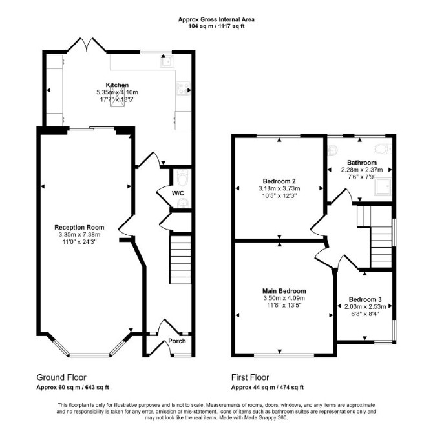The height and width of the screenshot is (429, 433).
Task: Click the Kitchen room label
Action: pyautogui.click(x=117, y=85)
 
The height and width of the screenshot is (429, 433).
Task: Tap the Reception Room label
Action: pyautogui.click(x=79, y=228)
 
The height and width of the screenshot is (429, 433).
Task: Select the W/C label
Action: pyautogui.click(x=178, y=194)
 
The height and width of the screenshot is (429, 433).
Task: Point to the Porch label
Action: pyautogui.click(x=177, y=341)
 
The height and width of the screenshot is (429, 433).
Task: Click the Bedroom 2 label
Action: pyautogui.click(x=279, y=181)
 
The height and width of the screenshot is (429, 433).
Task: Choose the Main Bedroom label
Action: pyautogui.click(x=284, y=291)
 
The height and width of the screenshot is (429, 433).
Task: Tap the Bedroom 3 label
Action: pyautogui.click(x=365, y=299)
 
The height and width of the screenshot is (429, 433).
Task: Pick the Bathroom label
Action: pyautogui.click(x=362, y=163)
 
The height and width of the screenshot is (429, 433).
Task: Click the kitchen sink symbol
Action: pyautogui.click(x=167, y=62)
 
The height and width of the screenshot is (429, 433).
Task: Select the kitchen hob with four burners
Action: pyautogui.click(x=183, y=89)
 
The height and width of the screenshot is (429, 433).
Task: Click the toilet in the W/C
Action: pyautogui.click(x=182, y=178)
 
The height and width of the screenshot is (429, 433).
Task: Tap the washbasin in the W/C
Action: pyautogui.click(x=183, y=203)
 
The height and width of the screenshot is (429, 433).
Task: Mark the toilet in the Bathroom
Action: pyautogui.click(x=383, y=148)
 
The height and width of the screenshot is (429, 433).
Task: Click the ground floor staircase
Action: pyautogui.click(x=180, y=260)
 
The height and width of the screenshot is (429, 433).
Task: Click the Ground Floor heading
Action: pyautogui.click(x=61, y=377)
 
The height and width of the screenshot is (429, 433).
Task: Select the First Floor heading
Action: pyautogui.click(x=250, y=377)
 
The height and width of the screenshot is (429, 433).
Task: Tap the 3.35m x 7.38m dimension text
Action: pyautogui.click(x=79, y=235)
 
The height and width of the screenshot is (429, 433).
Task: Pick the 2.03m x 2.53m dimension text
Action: pyautogui.click(x=365, y=306)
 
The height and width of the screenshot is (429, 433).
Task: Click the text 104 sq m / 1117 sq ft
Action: pyautogui.click(x=216, y=26)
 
